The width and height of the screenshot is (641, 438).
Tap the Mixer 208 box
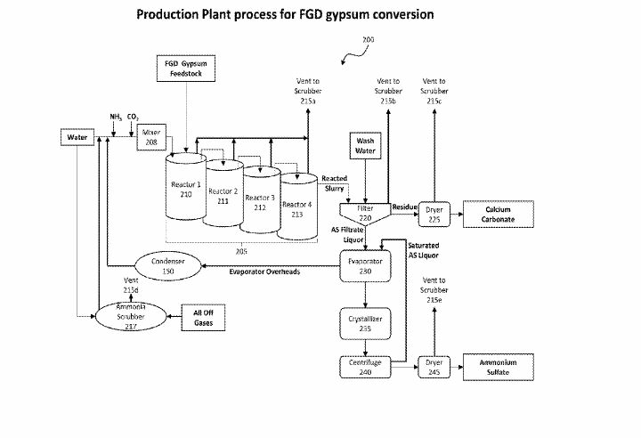(150, 136)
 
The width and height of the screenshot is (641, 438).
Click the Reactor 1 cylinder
(186, 191)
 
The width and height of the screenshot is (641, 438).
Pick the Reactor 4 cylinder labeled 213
(296, 207)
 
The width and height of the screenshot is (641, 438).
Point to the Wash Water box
(366, 145)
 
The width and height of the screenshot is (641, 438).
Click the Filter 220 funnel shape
(365, 213)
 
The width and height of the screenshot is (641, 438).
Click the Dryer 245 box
(434, 369)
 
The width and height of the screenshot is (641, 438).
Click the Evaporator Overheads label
(264, 272)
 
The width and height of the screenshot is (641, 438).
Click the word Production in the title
(170, 14)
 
